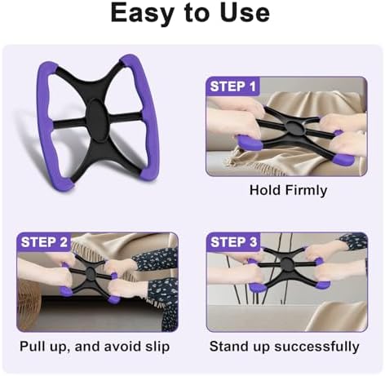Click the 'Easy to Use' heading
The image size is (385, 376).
pos(190,13)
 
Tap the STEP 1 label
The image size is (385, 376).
pos(233,86)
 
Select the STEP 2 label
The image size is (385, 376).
pos(44,242)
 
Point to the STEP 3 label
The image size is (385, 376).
pos(234,242)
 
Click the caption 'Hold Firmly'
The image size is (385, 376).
pos(288,190)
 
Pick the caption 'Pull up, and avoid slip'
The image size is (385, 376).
pos(95,347)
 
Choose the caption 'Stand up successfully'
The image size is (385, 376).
pos(284,347)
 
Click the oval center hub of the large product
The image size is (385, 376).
pos(97,120)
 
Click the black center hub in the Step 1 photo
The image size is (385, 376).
pos(294,128)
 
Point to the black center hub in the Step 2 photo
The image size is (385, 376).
pos(90,271)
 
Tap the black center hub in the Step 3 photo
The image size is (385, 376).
pos(285,263)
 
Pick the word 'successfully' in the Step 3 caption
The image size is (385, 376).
pos(316,347)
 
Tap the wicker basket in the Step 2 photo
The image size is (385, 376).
pos(29,303)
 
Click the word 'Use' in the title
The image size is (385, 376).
pos(245,13)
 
